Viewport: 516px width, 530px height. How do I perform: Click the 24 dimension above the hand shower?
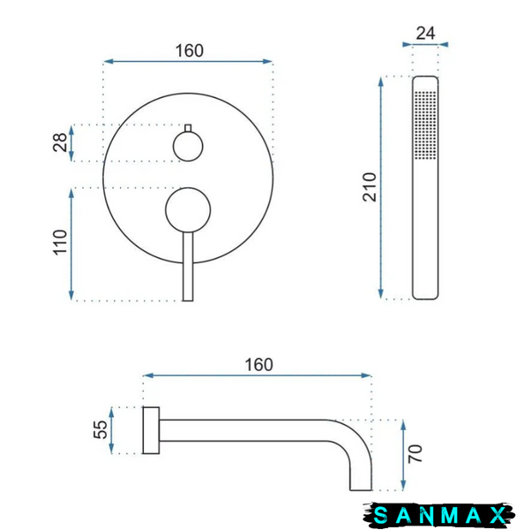coord(425,34)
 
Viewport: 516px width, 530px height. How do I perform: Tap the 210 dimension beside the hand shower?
coord(370,187)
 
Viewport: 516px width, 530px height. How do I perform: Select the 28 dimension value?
coord(60,142)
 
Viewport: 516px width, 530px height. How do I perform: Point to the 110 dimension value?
coord(60,242)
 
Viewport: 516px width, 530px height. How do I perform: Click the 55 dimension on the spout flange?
coord(101,429)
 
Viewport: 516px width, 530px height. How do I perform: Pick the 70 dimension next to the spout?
coord(415,454)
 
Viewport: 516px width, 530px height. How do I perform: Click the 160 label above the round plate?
coord(190,50)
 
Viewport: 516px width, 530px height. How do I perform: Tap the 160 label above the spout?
coord(258,365)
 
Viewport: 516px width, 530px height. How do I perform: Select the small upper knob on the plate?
coord(188,147)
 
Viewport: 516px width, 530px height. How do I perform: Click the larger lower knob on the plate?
coord(188,210)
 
